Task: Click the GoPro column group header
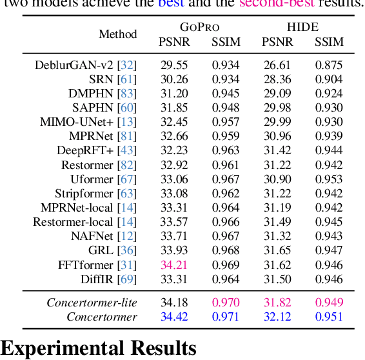pyautogui.click(x=199, y=27)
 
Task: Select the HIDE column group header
pyautogui.click(x=302, y=27)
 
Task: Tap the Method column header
pyautogui.click(x=117, y=34)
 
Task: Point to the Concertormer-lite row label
pyautogui.click(x=92, y=303)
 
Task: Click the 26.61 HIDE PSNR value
pyautogui.click(x=277, y=65)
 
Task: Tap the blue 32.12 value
pyautogui.click(x=277, y=317)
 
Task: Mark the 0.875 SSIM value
pyautogui.click(x=329, y=65)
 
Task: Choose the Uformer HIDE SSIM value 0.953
pyautogui.click(x=329, y=179)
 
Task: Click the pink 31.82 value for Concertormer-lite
pyautogui.click(x=277, y=303)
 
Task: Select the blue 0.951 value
pyautogui.click(x=329, y=317)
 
